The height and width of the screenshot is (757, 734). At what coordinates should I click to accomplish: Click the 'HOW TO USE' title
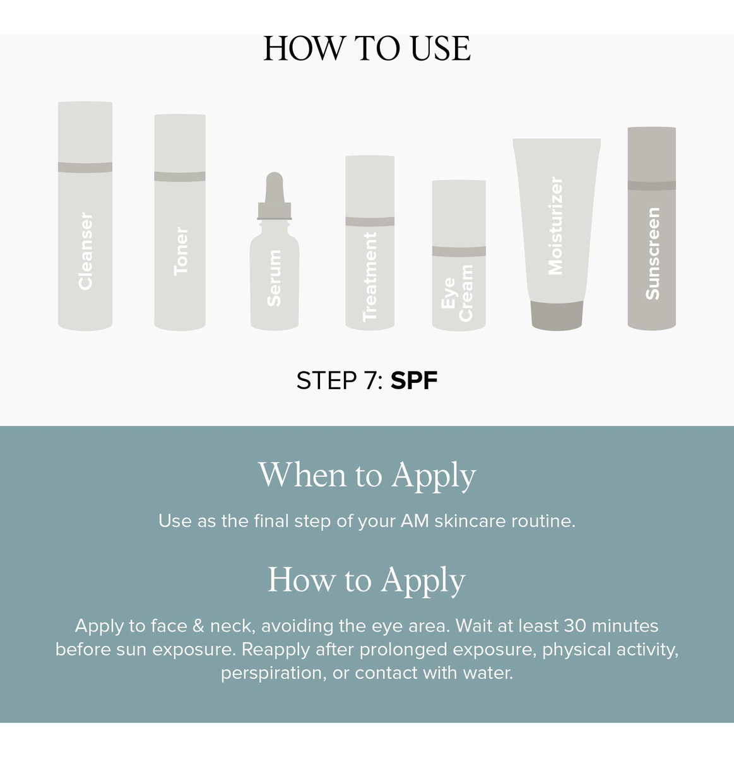click(367, 48)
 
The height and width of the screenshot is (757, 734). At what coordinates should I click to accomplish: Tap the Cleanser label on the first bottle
click(85, 251)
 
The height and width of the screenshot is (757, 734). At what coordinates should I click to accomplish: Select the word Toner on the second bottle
click(181, 251)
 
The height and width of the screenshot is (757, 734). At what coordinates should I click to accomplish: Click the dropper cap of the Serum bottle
click(275, 196)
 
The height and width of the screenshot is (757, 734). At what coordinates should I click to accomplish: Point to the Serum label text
click(274, 278)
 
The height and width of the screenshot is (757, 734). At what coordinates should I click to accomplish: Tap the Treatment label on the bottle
click(370, 277)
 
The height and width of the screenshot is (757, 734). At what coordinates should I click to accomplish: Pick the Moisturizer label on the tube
click(555, 226)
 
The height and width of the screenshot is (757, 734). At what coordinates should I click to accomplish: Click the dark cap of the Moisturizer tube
click(557, 315)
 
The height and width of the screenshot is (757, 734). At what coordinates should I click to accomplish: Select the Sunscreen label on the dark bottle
click(653, 254)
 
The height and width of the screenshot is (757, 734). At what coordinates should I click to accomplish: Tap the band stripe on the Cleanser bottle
click(85, 167)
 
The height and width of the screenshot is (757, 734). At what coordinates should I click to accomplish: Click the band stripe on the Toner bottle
click(180, 176)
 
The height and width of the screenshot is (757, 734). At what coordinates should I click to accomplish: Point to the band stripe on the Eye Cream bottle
click(459, 251)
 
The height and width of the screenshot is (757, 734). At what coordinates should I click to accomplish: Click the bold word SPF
click(414, 380)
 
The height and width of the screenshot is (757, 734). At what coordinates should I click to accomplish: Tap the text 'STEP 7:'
click(340, 380)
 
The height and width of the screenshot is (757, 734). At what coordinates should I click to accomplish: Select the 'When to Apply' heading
click(367, 476)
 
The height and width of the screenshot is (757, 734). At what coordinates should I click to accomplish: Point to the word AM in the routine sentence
click(415, 521)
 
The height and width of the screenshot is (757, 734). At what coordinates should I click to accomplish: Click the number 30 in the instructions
click(575, 626)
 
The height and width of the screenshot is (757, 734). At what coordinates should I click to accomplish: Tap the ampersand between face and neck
click(198, 626)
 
